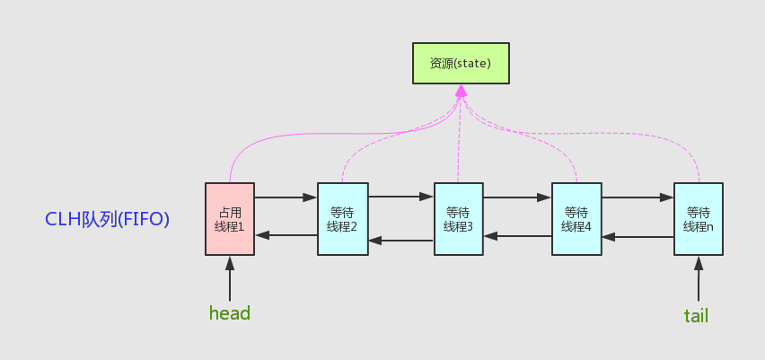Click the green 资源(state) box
pos(461,64)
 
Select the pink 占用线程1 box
pos(230,220)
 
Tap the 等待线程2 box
pos(342,220)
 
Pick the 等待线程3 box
pos(458,220)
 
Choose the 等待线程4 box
pos(576,220)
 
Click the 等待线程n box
pos(698,220)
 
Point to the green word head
pos(229,313)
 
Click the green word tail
pos(697,315)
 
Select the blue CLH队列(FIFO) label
pos(108,218)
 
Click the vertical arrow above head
pos(230,278)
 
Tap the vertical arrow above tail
pos(698,278)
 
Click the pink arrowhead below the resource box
pos(461,92)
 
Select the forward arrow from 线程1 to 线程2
pos(286,196)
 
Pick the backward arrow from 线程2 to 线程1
pos(286,235)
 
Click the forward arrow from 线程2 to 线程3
pos(400,195)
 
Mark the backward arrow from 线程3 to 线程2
pos(400,240)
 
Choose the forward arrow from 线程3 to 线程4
pos(517,196)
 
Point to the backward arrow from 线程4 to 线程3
pos(517,236)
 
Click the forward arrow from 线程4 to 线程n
pos(637,196)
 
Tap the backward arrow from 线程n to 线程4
pos(637,238)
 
